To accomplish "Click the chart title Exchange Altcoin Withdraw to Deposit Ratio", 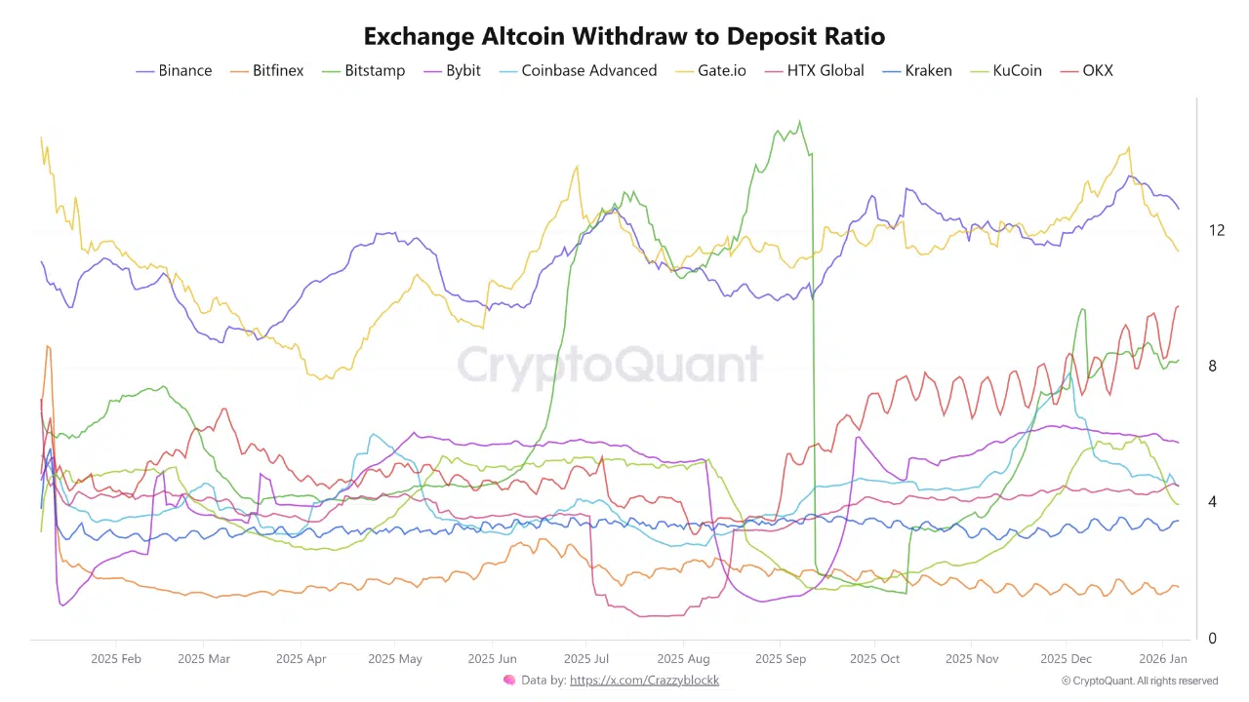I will [x=624, y=37].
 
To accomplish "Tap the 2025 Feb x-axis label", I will [x=116, y=659].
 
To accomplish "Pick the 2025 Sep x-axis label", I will [x=781, y=659].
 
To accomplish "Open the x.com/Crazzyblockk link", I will [x=644, y=681].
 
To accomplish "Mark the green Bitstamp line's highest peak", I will [x=799, y=122].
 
